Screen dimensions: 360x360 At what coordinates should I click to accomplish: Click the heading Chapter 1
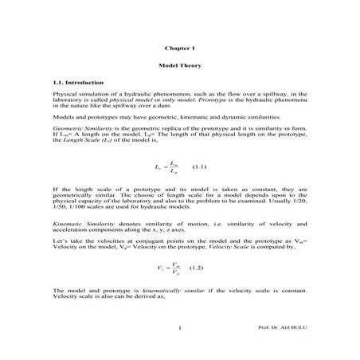tap(179, 48)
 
